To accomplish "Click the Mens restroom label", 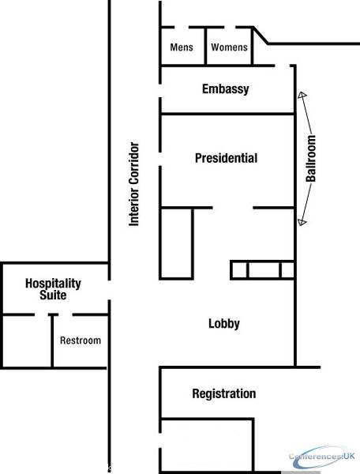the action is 182,47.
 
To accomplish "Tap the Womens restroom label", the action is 229,47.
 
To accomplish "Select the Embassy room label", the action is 226,89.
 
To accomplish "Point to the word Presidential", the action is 227,158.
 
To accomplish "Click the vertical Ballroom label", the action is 311,159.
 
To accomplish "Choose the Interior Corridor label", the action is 134,184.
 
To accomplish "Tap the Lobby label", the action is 224,324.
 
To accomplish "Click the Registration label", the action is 224,393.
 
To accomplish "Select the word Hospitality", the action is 53,284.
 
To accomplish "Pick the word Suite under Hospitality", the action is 53,295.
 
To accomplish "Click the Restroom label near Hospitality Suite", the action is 81,340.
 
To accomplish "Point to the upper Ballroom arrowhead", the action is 302,95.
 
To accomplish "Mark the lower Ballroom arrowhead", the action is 302,222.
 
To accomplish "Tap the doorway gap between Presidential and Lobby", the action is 233,208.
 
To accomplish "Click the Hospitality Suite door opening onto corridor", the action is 109,290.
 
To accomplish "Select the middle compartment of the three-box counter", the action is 264,269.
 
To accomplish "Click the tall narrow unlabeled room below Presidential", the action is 176,243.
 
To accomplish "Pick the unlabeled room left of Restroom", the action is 27,341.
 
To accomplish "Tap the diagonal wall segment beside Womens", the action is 261,36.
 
